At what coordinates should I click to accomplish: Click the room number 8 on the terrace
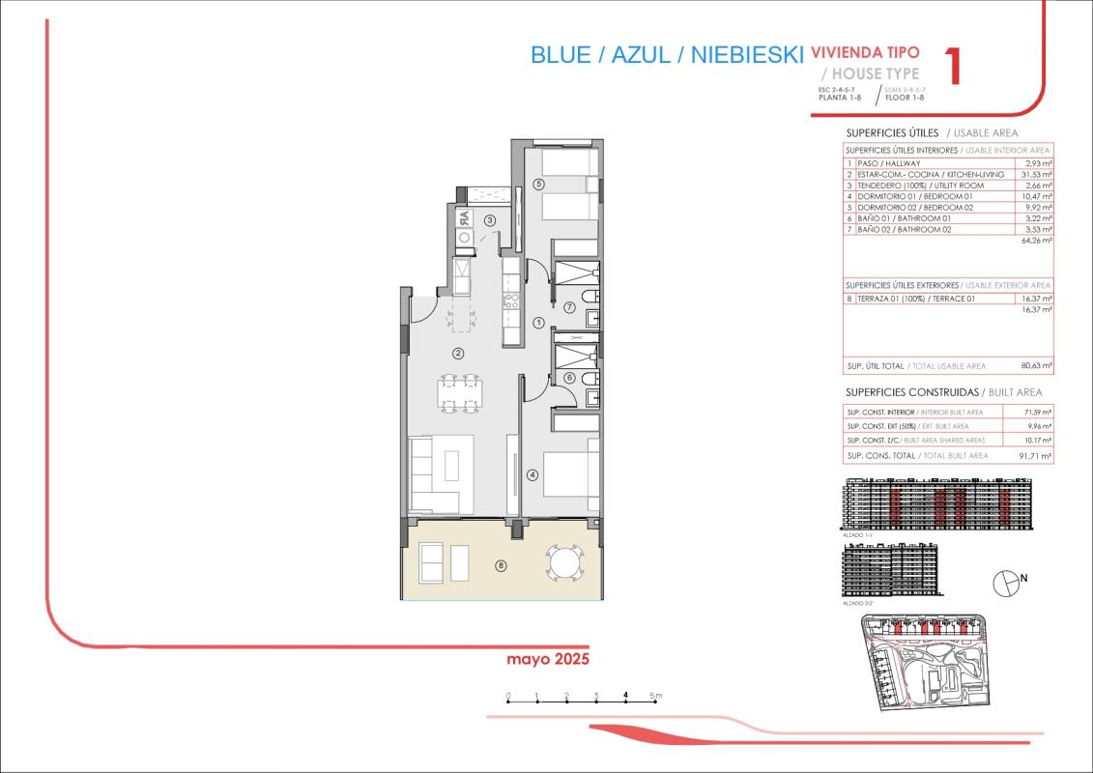[500, 565]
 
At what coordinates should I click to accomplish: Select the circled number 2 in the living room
[458, 353]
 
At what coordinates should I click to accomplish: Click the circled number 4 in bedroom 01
[532, 474]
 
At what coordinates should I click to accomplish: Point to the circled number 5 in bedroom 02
[538, 184]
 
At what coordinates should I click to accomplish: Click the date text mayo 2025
[548, 659]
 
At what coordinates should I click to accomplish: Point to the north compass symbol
[1006, 582]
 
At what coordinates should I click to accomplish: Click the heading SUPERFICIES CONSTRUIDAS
[911, 392]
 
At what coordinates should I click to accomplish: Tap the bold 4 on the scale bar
[626, 695]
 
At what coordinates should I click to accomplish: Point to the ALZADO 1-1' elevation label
[858, 533]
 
